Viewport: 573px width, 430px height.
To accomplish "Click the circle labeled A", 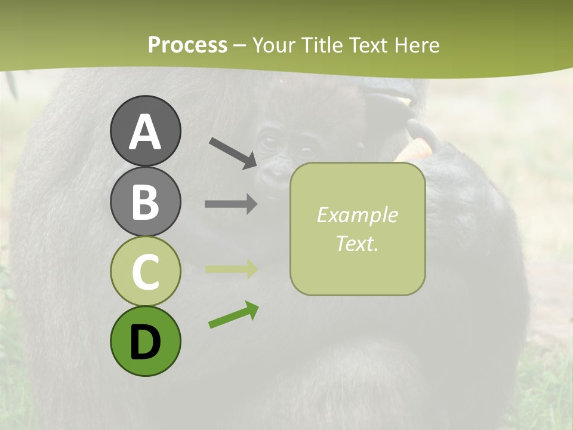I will (x=145, y=131).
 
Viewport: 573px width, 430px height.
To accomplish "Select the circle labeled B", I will (x=145, y=201).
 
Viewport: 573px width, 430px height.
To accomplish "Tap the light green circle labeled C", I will (x=145, y=271).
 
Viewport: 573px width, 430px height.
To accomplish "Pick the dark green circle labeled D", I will (x=145, y=341).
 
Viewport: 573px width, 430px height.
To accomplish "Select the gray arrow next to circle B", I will (x=231, y=204).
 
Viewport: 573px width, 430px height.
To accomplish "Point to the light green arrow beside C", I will (x=231, y=269).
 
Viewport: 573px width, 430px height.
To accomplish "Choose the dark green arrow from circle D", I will (x=233, y=315).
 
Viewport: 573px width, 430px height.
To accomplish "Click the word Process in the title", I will (x=187, y=45).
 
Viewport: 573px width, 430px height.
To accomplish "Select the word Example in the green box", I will (x=357, y=215).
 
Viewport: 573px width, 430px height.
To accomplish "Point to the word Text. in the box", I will (x=357, y=243).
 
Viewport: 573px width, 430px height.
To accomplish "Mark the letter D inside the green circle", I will (x=145, y=342).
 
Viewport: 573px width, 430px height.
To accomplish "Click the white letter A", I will (x=145, y=132).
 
